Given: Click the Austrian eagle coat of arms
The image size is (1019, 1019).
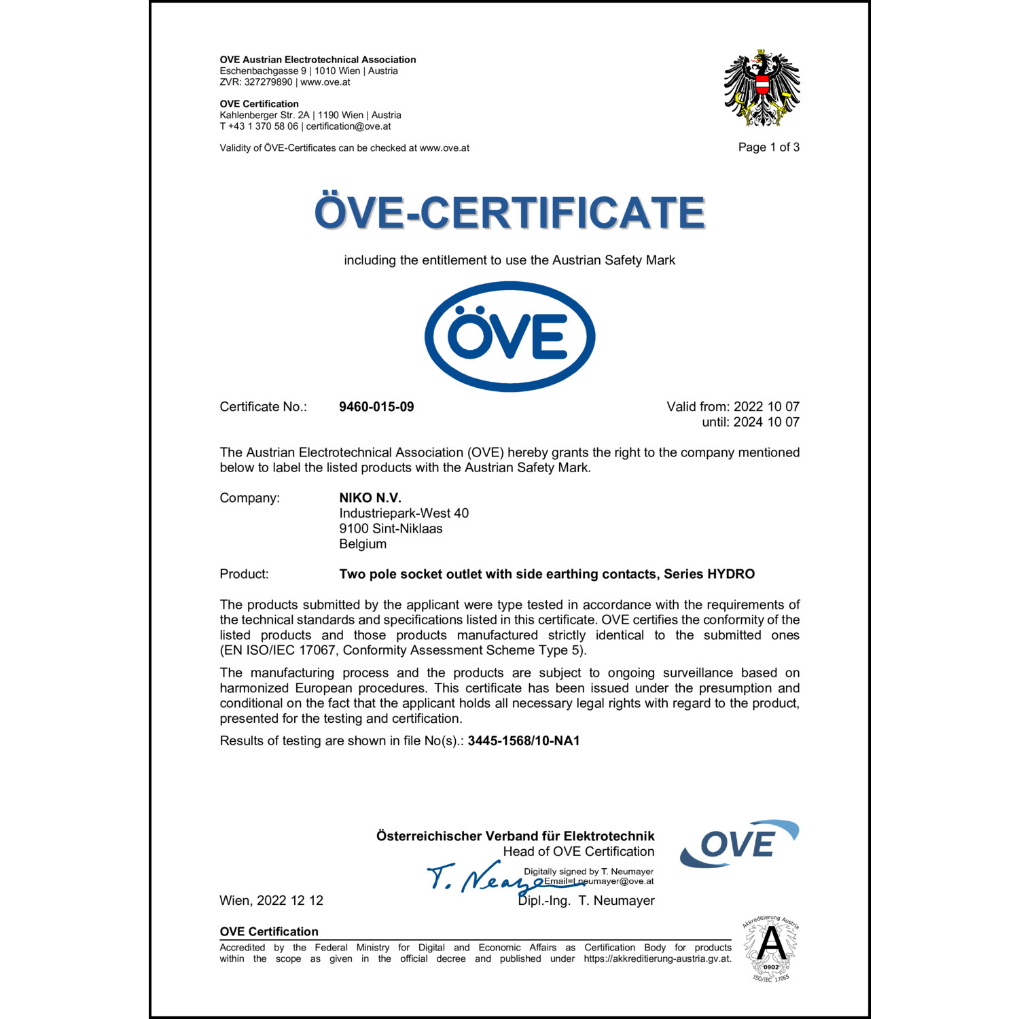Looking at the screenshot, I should click(762, 88).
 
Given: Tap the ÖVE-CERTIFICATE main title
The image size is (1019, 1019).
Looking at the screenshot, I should click(509, 213).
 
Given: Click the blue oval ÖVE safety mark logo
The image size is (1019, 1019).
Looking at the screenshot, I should click(509, 336).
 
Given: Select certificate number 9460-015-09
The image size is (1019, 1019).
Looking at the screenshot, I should click(376, 407).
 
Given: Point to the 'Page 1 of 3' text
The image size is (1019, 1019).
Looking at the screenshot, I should click(768, 147).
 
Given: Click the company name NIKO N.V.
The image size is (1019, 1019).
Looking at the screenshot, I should click(370, 498).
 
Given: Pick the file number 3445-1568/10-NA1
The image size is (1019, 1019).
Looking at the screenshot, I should click(524, 741).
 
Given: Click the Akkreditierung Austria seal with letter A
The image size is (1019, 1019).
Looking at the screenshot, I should click(771, 948).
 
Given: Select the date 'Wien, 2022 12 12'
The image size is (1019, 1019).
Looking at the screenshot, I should click(271, 901).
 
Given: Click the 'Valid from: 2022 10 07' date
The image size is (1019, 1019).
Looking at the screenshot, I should click(732, 407).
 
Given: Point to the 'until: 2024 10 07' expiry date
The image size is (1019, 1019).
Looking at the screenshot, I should click(750, 423).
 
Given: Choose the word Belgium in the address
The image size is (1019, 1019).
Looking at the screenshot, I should click(363, 544).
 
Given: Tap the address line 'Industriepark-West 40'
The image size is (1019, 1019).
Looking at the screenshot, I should click(404, 514).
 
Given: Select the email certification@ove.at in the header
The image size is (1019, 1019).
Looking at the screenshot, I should click(348, 126).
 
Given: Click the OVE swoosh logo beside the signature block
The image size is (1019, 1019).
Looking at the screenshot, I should click(738, 844).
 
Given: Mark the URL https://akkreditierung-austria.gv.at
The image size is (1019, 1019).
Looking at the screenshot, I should click(657, 959).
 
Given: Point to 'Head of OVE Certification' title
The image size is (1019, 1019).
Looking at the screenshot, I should click(578, 852).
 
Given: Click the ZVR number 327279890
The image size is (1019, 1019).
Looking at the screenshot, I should click(268, 82).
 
